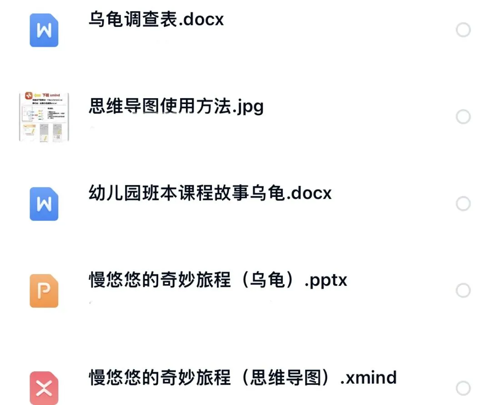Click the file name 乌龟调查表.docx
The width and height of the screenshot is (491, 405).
point(156,20)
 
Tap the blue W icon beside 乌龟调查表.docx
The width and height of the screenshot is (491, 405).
point(44,30)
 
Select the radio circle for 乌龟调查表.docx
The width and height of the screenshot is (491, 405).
point(463,30)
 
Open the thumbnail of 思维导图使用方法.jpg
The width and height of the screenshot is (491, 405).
point(44,116)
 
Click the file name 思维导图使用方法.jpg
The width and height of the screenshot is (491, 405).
point(176,106)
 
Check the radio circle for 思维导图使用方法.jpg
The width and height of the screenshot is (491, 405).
point(463,117)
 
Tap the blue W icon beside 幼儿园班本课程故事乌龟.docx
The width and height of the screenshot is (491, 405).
point(44,204)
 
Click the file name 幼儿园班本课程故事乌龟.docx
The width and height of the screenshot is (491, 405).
point(210,193)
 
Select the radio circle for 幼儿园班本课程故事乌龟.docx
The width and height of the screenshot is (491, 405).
point(463,204)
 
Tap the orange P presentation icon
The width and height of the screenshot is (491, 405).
point(44,291)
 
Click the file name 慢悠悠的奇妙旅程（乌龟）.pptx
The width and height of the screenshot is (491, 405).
point(218,280)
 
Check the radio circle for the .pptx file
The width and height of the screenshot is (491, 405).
point(463,291)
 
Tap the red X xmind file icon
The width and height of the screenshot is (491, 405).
point(44,388)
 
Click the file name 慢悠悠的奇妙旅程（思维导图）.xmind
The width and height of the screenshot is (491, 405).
point(243,378)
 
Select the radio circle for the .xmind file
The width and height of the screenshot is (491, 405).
point(463,389)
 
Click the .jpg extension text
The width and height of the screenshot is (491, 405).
point(248,107)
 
